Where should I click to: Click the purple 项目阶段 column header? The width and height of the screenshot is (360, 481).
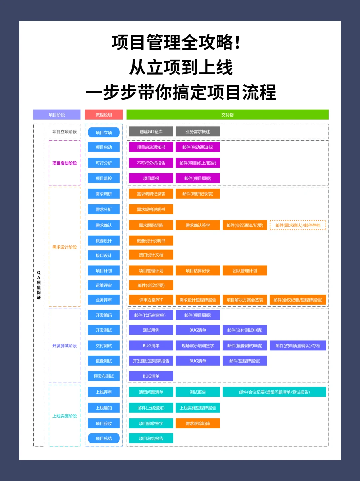[57, 115]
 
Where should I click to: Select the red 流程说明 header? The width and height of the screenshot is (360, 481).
[104, 115]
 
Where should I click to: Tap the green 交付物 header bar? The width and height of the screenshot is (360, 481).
[227, 115]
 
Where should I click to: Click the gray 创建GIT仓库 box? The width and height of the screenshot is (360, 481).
[151, 132]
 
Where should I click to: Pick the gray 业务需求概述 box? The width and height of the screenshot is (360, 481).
[198, 132]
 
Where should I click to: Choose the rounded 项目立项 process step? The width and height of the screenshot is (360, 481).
[104, 132]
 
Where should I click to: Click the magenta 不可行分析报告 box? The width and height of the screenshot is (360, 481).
[151, 163]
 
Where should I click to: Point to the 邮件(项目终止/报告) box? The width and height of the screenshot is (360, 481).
[198, 163]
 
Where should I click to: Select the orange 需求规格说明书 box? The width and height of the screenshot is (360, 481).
[151, 209]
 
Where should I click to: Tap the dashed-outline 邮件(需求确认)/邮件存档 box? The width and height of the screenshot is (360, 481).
[298, 225]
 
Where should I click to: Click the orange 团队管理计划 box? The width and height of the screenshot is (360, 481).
[245, 271]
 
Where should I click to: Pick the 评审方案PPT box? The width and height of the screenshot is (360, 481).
[151, 300]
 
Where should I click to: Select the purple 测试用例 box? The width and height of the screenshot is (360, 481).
[151, 330]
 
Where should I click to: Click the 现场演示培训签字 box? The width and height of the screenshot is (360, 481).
[198, 346]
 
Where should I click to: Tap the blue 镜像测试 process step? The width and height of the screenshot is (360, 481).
[104, 361]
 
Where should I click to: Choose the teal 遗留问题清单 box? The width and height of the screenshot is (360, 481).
[151, 392]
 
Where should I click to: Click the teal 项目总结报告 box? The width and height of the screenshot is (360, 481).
[151, 438]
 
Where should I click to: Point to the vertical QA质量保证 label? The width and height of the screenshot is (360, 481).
[39, 285]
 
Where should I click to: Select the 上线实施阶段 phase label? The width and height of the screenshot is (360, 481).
[65, 416]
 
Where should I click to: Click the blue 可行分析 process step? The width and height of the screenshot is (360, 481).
[104, 163]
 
